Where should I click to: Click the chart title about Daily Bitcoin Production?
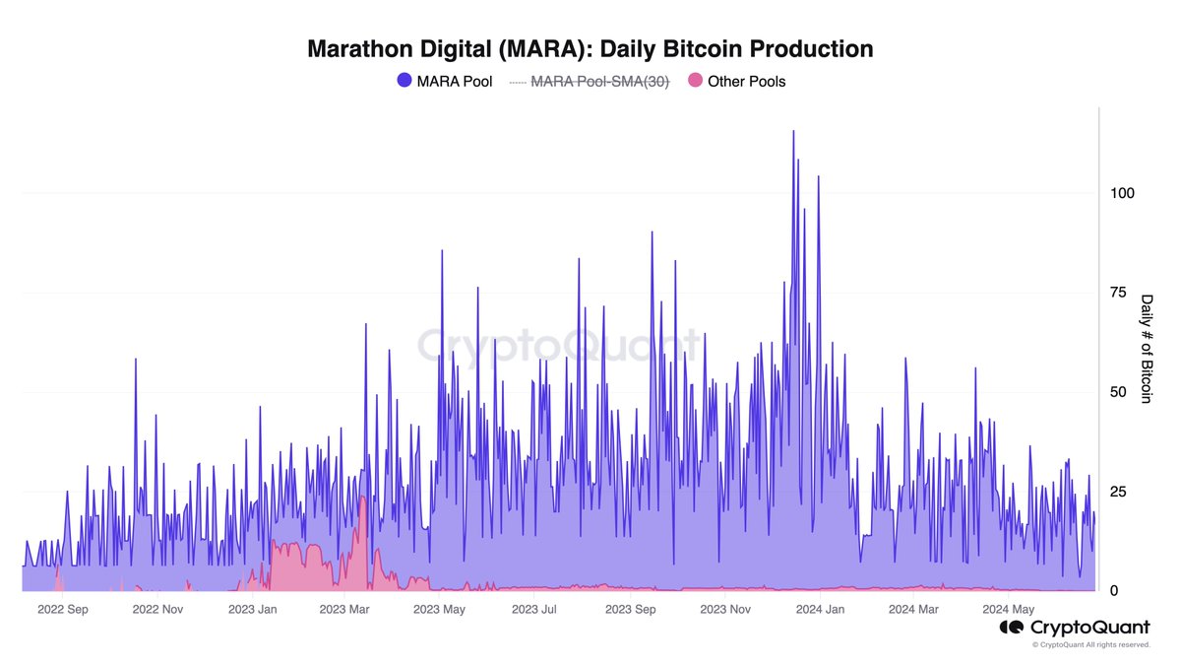click(x=590, y=48)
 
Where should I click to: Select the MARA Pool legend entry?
click(x=444, y=82)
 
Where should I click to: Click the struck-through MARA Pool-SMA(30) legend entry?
click(x=589, y=82)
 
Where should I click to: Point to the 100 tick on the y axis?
click(x=1122, y=193)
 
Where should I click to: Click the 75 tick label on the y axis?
click(x=1118, y=293)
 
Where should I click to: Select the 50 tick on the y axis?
click(x=1118, y=392)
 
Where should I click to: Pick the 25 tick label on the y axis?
click(x=1118, y=492)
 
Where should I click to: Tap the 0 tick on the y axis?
click(x=1114, y=591)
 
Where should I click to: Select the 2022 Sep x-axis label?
click(x=63, y=610)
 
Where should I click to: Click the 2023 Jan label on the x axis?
click(x=253, y=610)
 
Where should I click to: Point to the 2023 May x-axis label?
click(x=440, y=610)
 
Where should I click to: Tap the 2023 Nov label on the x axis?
click(x=725, y=610)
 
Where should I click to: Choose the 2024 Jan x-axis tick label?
click(x=819, y=610)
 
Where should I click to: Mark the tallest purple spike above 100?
click(x=793, y=132)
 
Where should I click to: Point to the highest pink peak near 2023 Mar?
click(x=363, y=499)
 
